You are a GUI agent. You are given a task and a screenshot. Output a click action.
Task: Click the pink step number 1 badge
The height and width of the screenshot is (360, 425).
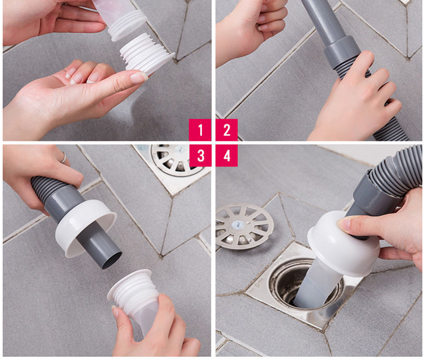click(x=200, y=130)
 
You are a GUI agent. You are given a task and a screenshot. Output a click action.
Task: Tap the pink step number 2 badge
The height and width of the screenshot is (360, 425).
click(x=227, y=130)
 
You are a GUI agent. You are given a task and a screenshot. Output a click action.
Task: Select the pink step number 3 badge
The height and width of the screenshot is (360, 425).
click(x=200, y=155)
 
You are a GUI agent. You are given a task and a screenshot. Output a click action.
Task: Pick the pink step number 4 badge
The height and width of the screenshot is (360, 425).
click(x=227, y=155)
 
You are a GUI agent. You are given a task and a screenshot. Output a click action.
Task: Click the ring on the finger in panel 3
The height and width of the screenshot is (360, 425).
click(x=64, y=157)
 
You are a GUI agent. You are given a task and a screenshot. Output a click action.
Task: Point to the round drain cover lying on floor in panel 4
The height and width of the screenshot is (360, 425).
click(x=245, y=226)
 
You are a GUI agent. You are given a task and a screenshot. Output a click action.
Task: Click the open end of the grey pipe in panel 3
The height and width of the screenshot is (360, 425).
click(x=112, y=260)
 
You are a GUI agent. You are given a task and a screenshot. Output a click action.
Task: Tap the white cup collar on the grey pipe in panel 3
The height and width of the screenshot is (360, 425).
click(x=84, y=228)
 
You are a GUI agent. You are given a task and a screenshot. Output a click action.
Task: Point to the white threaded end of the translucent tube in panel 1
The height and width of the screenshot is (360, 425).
click(x=125, y=25)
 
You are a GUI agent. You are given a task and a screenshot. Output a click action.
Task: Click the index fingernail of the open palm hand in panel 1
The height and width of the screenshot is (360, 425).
click(x=139, y=78)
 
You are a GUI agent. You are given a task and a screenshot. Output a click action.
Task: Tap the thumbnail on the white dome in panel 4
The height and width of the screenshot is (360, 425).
click(x=344, y=224)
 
